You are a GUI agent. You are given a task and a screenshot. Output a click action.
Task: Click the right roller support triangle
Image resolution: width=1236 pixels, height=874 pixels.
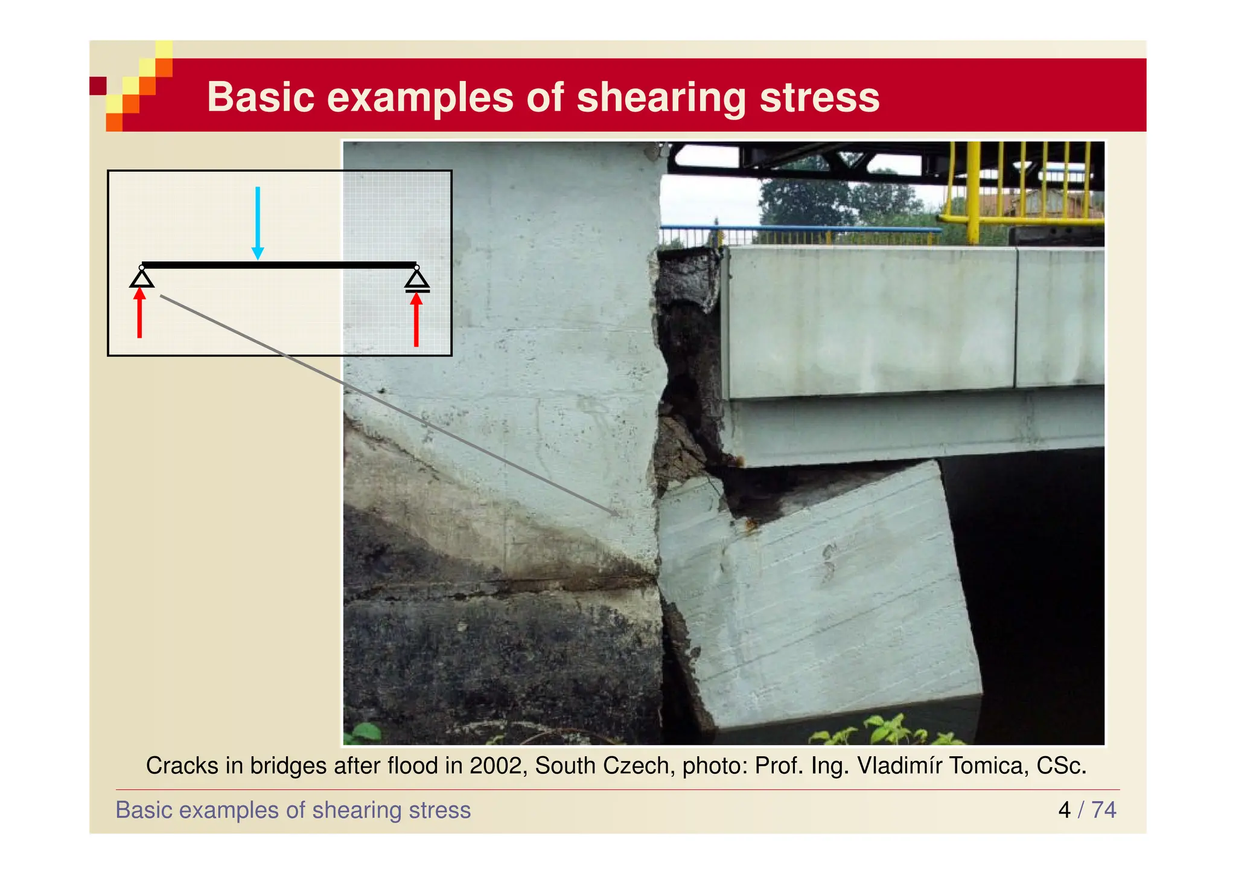click(417, 280)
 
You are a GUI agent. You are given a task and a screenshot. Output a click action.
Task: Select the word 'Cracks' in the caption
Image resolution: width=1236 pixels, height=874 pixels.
click(182, 766)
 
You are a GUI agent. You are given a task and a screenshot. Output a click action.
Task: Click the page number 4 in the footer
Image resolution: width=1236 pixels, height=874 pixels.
click(1064, 810)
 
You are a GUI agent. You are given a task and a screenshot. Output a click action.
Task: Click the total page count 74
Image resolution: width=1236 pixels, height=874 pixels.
click(1104, 810)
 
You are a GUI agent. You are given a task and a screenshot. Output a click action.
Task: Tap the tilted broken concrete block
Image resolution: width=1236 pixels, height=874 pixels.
click(821, 598)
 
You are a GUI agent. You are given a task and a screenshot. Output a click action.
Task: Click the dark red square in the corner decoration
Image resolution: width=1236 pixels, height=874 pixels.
click(98, 86)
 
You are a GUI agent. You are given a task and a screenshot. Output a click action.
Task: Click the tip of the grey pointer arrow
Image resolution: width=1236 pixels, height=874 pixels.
click(619, 515)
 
